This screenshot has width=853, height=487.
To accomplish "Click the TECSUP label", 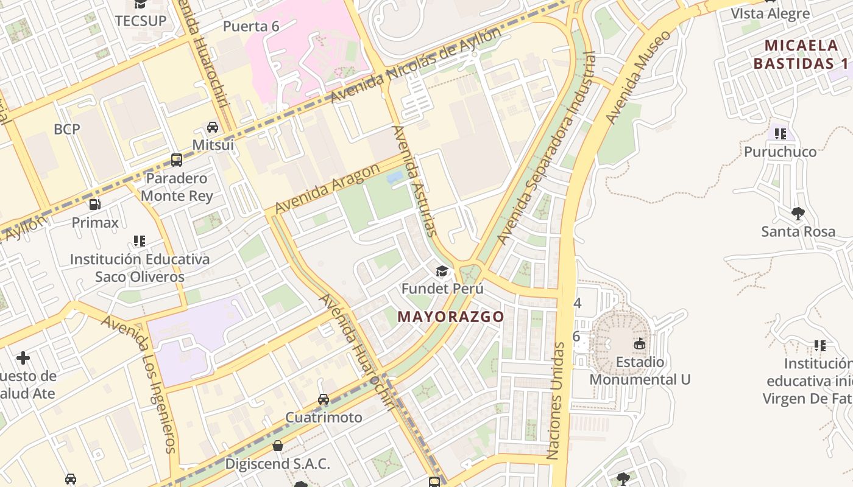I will pyautogui.click(x=141, y=21).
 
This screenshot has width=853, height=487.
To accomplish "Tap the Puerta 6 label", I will pyautogui.click(x=251, y=26).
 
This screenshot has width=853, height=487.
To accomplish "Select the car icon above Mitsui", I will pyautogui.click(x=213, y=127).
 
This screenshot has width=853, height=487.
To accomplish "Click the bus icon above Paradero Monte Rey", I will pyautogui.click(x=177, y=160).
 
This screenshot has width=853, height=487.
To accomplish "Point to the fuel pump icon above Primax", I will pyautogui.click(x=95, y=205).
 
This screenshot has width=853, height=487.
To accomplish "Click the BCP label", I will pyautogui.click(x=67, y=129).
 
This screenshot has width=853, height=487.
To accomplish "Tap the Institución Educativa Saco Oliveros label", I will pyautogui.click(x=140, y=268).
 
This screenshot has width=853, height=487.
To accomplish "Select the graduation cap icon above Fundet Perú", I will pyautogui.click(x=442, y=271).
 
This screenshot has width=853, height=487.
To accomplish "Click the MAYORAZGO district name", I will pyautogui.click(x=451, y=317).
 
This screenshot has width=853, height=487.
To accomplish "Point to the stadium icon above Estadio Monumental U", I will pyautogui.click(x=640, y=344).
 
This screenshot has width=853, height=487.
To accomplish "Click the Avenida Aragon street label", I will pyautogui.click(x=328, y=189).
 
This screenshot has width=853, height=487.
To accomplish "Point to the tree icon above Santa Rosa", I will pyautogui.click(x=798, y=213).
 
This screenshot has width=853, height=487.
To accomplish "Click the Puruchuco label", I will pyautogui.click(x=780, y=152).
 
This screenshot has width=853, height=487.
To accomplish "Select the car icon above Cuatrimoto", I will pyautogui.click(x=324, y=399).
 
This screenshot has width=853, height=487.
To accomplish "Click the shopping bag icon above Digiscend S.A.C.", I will pyautogui.click(x=278, y=446).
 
